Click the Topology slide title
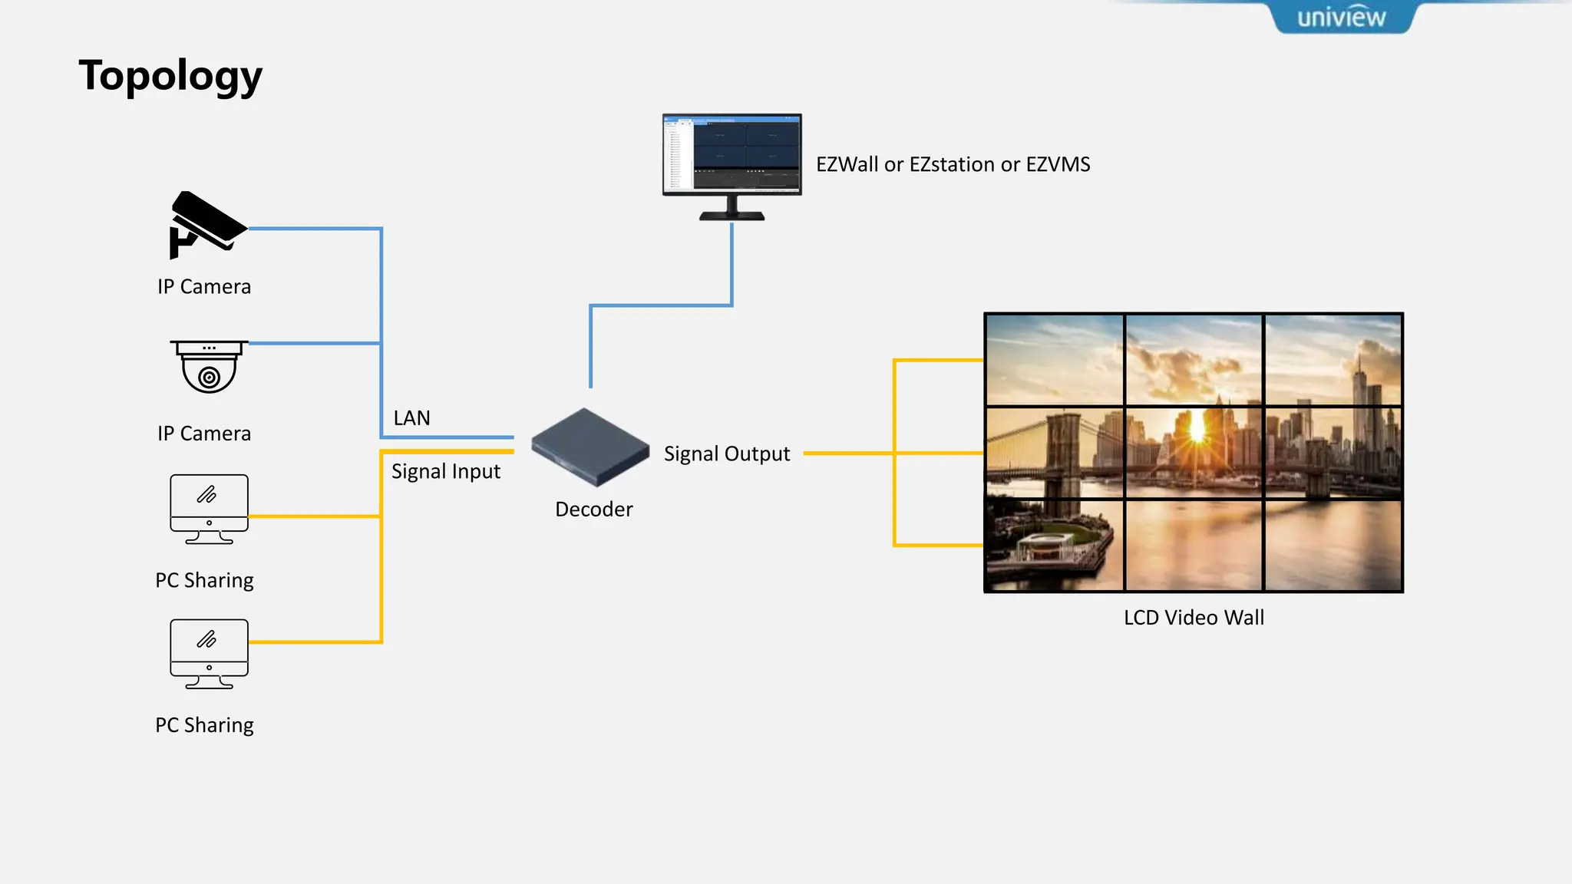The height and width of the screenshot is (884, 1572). tap(170, 76)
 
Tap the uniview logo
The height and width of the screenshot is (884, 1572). tap(1341, 17)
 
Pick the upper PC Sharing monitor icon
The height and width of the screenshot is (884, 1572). tap(209, 509)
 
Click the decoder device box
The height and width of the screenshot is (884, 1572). tap(589, 447)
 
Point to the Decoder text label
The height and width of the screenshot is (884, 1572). tap(593, 510)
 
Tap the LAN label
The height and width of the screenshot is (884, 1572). tap(411, 418)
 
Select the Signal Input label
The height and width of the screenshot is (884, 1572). tap(445, 471)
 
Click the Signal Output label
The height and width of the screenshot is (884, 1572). tap(726, 454)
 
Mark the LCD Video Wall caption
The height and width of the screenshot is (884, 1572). tap(1194, 618)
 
